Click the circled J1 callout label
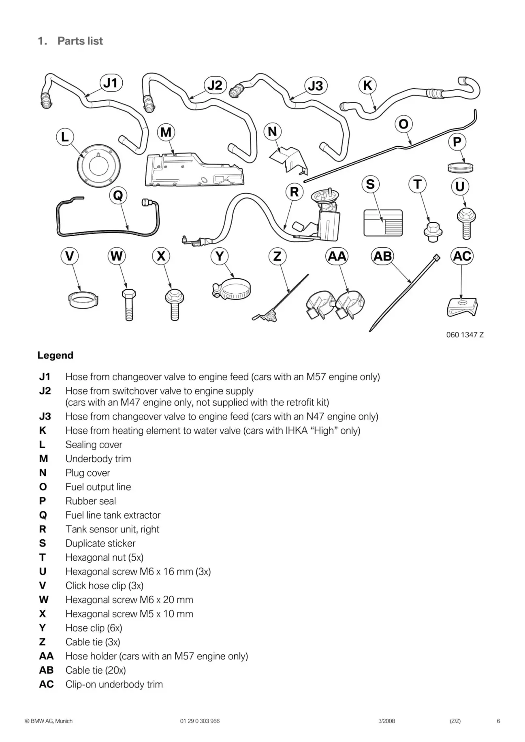pos(111,83)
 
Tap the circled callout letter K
pos(368,85)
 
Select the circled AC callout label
pos(462,256)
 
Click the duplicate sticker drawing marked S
pos(383,223)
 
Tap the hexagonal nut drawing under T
pos(433,232)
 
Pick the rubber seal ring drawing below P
pos(460,167)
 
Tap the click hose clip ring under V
pos(83,300)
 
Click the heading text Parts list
pos(80,41)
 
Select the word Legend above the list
pos(55,355)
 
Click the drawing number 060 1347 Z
pos(465,335)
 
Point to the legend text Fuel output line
pos(98,487)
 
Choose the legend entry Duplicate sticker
pos(100,543)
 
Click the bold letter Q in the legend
pos(43,515)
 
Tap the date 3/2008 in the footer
pos(386,721)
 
